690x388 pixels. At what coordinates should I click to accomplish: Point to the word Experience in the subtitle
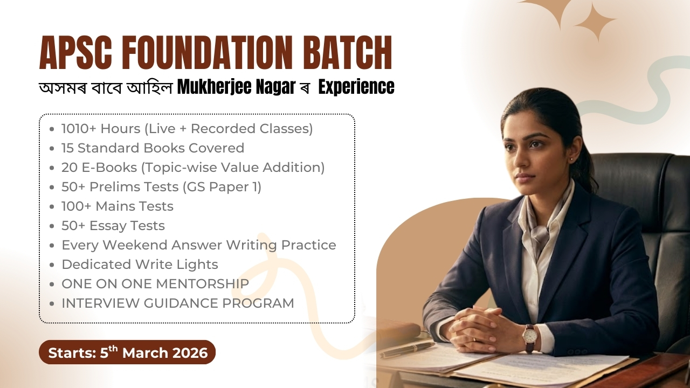[x=356, y=87]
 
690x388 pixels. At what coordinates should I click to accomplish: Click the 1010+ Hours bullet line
[x=187, y=129]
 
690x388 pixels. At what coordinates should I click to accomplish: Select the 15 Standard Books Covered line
[x=153, y=148]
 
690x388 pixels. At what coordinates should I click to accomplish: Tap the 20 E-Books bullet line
[x=192, y=168]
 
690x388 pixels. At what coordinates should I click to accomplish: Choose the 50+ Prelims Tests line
[x=161, y=187]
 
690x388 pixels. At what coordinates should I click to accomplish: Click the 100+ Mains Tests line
[x=117, y=206]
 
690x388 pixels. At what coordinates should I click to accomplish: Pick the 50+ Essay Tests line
[x=113, y=226]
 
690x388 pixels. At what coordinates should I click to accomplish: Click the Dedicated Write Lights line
[x=140, y=265]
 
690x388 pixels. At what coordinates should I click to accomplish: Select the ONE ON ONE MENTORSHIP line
[x=155, y=284]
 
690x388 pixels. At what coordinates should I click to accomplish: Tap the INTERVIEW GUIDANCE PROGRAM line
[x=177, y=303]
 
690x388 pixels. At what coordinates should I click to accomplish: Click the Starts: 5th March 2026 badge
[x=127, y=352]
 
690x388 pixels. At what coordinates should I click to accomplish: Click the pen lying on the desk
[x=407, y=349]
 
